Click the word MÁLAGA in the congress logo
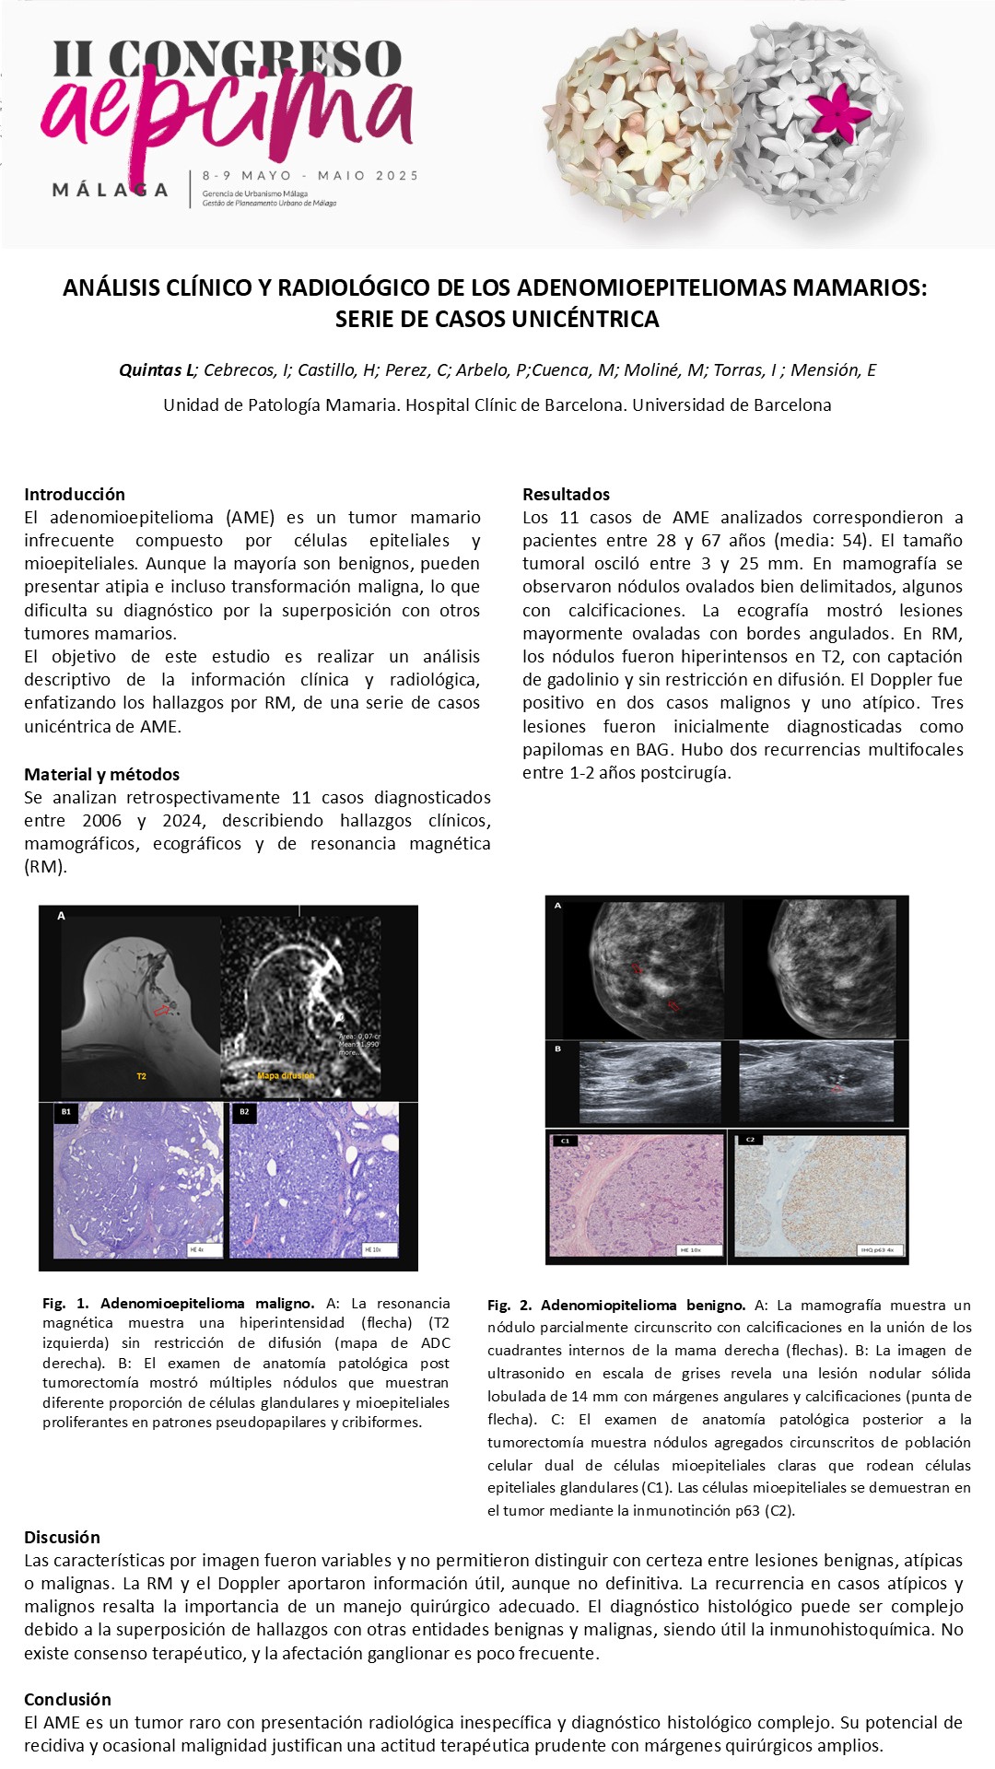tap(111, 190)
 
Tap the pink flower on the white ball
tap(838, 110)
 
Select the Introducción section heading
tap(75, 494)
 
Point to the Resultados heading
tap(566, 494)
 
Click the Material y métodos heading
tap(101, 774)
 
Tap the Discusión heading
tap(62, 1537)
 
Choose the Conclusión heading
tap(67, 1699)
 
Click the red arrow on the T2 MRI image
tap(161, 1010)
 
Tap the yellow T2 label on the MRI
tap(141, 1075)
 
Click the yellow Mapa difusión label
tap(286, 1075)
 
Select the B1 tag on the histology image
tap(65, 1112)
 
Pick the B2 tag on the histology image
tap(244, 1112)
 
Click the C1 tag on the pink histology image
tap(565, 1141)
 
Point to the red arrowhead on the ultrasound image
tap(837, 1089)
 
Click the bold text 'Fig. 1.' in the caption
tap(65, 1303)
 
